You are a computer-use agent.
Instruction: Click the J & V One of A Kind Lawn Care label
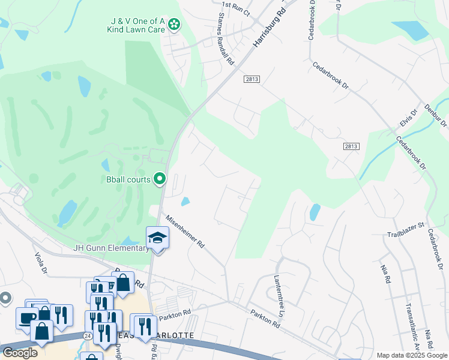tap(136, 25)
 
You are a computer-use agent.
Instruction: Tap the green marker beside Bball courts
tap(160, 178)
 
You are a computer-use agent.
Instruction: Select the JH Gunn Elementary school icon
tap(158, 237)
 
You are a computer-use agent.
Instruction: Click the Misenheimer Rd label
tap(185, 232)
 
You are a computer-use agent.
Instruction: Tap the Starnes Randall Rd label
tap(226, 39)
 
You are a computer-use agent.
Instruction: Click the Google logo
tap(20, 353)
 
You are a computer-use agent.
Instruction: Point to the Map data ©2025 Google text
tap(412, 355)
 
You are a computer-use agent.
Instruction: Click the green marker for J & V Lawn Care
tap(174, 24)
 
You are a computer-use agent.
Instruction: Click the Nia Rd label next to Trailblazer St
tap(385, 273)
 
